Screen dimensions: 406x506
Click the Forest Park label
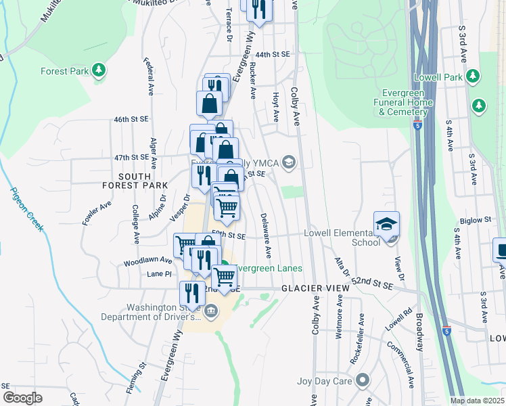(65, 70)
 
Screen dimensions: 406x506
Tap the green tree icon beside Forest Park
(99, 70)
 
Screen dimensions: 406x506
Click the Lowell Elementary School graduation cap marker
(386, 224)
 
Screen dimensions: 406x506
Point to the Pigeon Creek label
(27, 209)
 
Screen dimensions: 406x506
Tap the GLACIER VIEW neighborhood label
(315, 288)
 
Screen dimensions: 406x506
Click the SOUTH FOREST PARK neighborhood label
(135, 180)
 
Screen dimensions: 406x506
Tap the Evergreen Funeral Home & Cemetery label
(406, 102)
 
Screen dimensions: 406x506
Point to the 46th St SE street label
(131, 119)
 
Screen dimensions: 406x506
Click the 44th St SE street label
(273, 54)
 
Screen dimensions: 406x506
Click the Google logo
(22, 398)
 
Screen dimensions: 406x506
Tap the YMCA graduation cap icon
(289, 161)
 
